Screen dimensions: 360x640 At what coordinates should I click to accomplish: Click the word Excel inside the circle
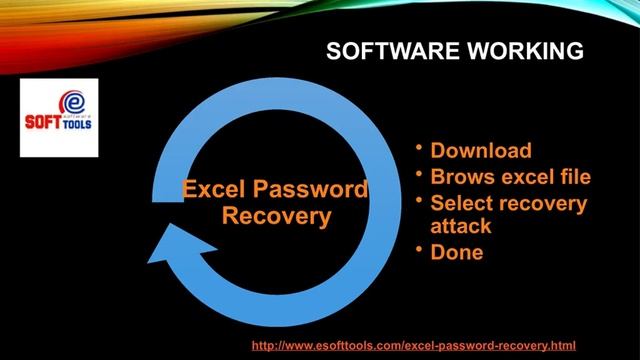pyautogui.click(x=214, y=190)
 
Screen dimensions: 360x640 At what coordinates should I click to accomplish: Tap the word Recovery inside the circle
pyautogui.click(x=275, y=215)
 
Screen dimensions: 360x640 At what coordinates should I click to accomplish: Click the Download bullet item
pyautogui.click(x=480, y=152)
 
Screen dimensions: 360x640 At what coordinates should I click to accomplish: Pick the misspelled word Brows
pyautogui.click(x=459, y=178)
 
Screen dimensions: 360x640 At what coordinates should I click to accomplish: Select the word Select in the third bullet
pyautogui.click(x=462, y=204)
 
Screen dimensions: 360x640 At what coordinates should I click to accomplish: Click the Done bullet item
pyautogui.click(x=456, y=252)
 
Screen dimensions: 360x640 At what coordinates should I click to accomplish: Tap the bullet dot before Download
pyautogui.click(x=421, y=149)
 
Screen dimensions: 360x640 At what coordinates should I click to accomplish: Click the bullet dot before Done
pyautogui.click(x=421, y=249)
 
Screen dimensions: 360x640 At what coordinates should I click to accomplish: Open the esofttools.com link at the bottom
pyautogui.click(x=413, y=343)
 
